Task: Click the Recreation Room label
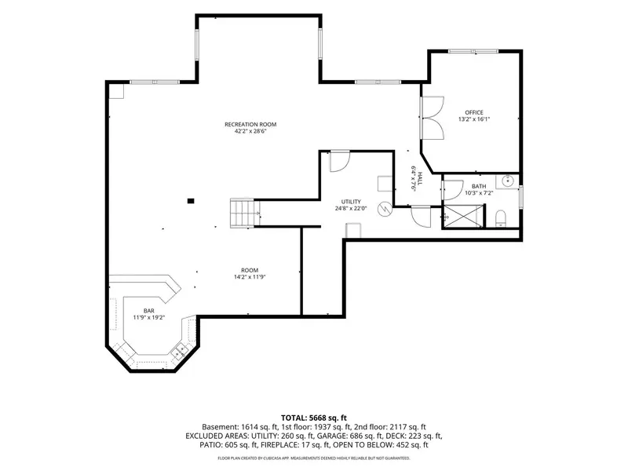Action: (250, 125)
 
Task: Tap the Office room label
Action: (474, 112)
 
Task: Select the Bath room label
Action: (479, 186)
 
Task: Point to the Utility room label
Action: (351, 202)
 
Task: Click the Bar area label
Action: (149, 311)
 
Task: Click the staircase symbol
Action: (245, 213)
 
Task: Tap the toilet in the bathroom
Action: (501, 219)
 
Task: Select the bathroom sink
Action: (507, 181)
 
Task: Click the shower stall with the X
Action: (463, 217)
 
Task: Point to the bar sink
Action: (180, 352)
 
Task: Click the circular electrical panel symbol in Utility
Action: (385, 209)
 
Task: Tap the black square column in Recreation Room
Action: (191, 201)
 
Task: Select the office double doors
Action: (433, 118)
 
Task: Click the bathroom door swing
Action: (453, 190)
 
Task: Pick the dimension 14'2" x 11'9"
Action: (250, 277)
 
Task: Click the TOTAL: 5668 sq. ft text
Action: (313, 418)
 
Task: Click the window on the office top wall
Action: (473, 51)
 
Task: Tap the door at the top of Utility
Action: (340, 162)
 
